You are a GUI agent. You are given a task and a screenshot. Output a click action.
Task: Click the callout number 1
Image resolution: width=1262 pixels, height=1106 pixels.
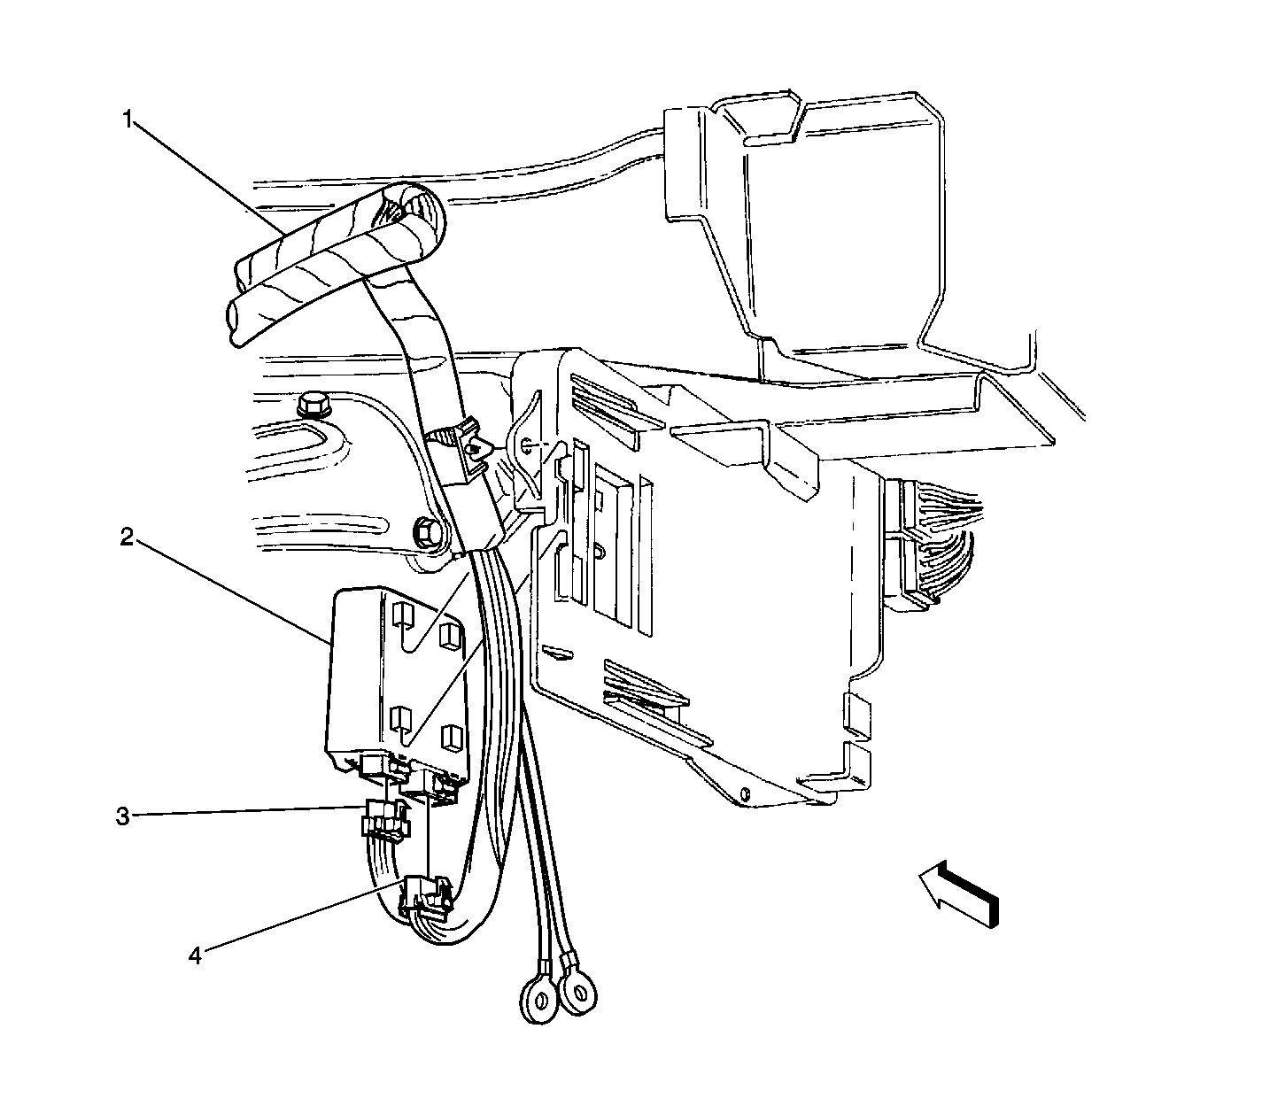[x=128, y=120]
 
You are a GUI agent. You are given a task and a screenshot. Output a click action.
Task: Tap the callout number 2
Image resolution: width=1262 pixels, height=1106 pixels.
[x=127, y=537]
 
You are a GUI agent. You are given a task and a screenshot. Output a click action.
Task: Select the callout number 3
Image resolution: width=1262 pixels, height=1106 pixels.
[x=123, y=816]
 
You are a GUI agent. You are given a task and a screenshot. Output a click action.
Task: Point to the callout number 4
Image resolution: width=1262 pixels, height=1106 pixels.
[x=196, y=955]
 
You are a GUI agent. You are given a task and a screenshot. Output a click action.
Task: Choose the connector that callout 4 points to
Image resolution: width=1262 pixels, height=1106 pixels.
[x=428, y=897]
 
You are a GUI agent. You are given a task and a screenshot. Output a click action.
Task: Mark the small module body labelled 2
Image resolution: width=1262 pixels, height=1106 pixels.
[x=396, y=682]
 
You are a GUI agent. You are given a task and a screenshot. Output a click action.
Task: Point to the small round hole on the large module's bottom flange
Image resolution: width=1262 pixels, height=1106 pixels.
[x=747, y=793]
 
